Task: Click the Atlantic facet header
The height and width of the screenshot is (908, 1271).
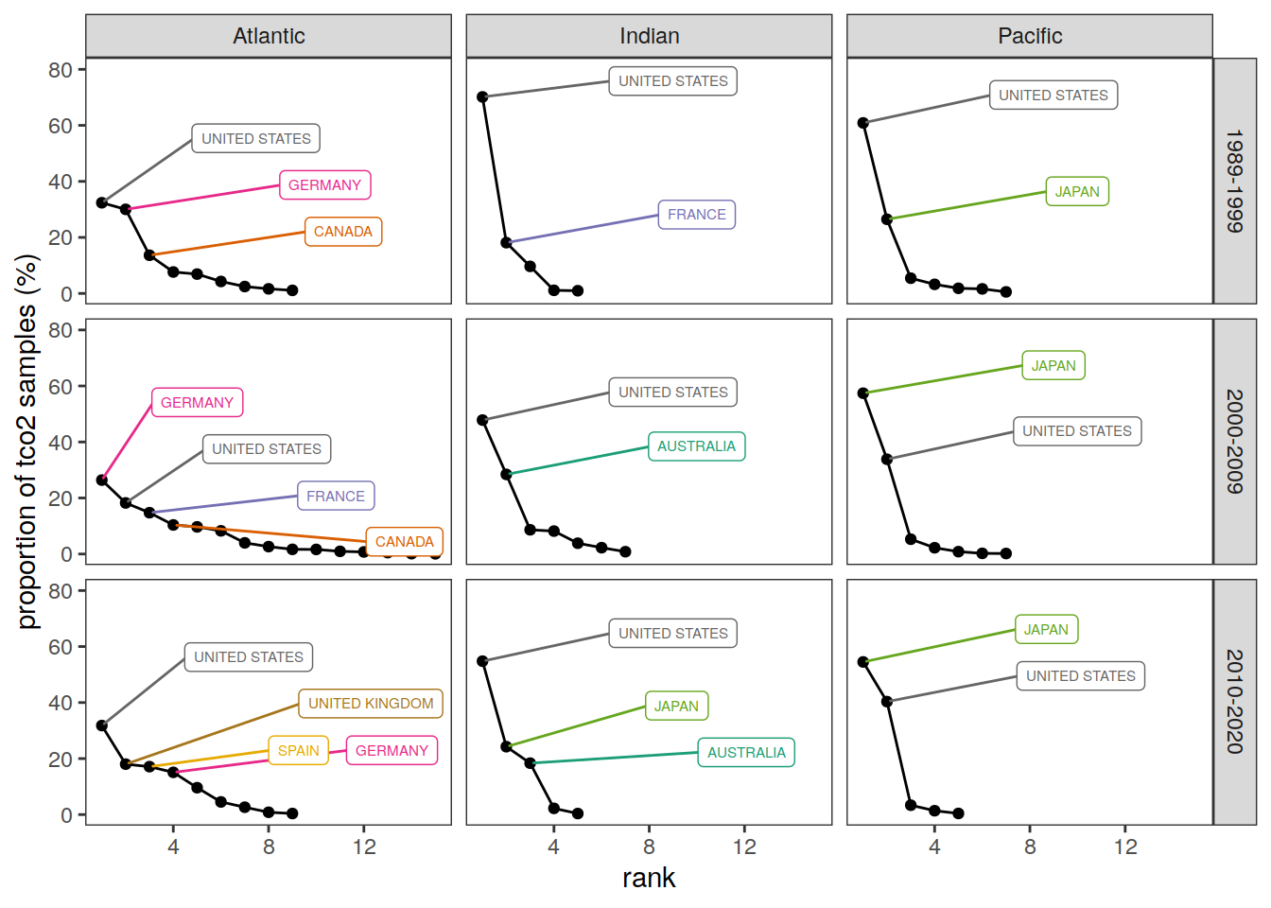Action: [x=269, y=36]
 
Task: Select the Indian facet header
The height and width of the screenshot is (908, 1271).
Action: [x=649, y=36]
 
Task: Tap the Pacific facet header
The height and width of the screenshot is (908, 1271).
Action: [x=1030, y=36]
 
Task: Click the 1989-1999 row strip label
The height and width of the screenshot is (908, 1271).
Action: [x=1234, y=181]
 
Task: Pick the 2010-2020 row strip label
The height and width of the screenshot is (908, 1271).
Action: [x=1234, y=702]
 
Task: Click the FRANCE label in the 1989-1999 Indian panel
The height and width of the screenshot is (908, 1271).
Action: [x=697, y=215]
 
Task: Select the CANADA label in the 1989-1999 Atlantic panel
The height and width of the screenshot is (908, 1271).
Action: [x=342, y=232]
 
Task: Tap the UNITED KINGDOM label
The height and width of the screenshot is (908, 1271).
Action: [x=371, y=704]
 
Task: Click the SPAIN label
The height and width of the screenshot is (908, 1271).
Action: [x=298, y=751]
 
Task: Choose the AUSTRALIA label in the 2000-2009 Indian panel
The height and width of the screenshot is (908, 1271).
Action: [x=696, y=446]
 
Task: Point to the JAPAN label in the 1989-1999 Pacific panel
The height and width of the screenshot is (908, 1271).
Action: [x=1077, y=192]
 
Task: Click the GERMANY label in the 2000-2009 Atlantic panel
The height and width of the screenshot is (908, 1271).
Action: [x=197, y=403]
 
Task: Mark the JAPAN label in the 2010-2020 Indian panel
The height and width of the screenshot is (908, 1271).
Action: [x=676, y=707]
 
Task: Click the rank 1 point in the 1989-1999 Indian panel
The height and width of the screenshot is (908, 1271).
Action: [x=482, y=96]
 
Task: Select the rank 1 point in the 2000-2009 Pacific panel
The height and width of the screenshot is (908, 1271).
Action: [x=863, y=393]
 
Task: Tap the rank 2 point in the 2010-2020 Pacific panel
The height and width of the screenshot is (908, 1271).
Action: [x=887, y=702]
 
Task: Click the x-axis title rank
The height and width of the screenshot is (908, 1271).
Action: [x=649, y=878]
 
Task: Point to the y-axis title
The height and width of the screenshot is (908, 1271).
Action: [x=26, y=442]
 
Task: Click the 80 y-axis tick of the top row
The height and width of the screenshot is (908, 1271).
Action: [x=61, y=70]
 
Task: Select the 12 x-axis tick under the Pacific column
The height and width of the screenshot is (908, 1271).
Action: [x=1125, y=847]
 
